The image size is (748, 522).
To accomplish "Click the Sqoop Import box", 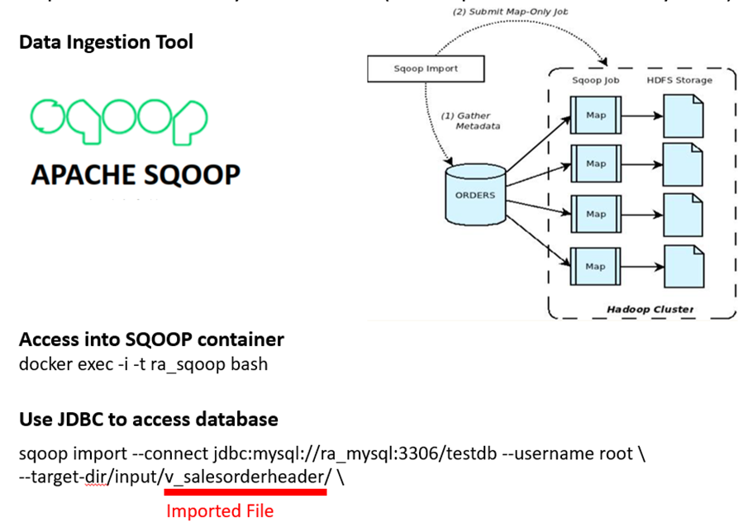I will tap(426, 69).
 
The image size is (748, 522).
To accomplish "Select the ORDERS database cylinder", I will tap(474, 195).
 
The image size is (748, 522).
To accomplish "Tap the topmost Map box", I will tap(595, 116).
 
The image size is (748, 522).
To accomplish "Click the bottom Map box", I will tap(595, 266).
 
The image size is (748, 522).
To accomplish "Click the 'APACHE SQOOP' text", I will tap(136, 175).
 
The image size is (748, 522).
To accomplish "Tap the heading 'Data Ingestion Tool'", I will tap(106, 41).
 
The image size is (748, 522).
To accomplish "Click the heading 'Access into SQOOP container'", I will tap(151, 339).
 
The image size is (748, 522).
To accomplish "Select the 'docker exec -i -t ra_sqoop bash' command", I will tap(143, 363).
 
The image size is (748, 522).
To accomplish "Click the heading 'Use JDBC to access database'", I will tap(148, 420).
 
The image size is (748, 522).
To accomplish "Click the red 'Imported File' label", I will tap(219, 510).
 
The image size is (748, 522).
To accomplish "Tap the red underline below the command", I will tap(245, 491).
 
